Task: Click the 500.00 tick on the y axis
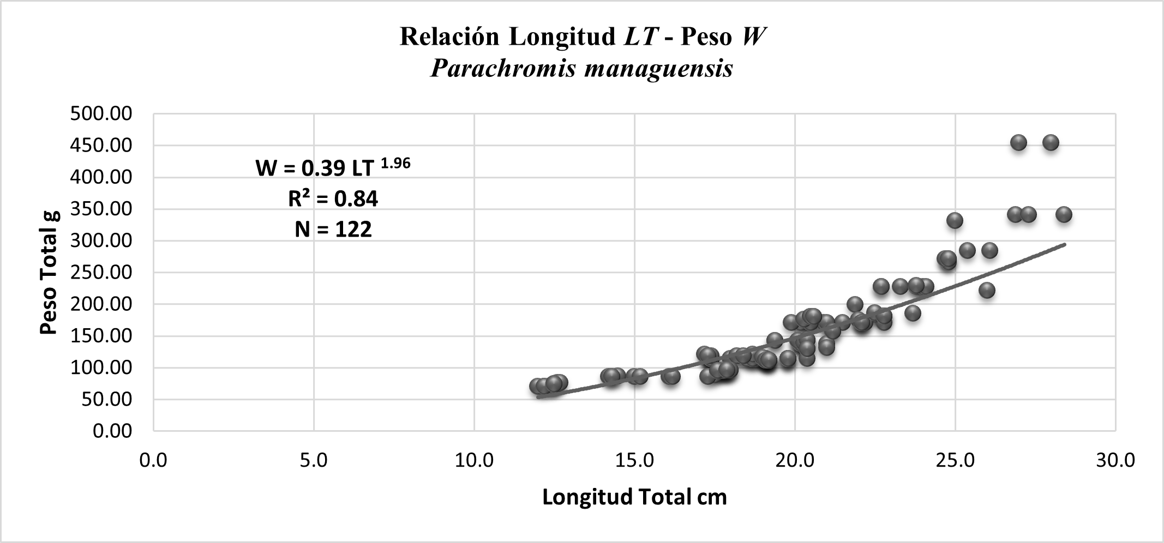(101, 114)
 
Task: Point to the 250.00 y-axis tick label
(101, 272)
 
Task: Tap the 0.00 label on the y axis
(112, 431)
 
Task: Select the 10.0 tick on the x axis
(474, 460)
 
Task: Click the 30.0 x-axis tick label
(1115, 460)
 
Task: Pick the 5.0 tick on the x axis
(314, 460)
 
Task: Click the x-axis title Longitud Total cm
(634, 497)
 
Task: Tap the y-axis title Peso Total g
(49, 273)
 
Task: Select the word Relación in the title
(449, 37)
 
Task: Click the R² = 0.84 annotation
(333, 199)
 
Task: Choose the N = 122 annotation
(333, 230)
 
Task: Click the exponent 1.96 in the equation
(394, 163)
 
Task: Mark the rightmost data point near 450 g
(1051, 143)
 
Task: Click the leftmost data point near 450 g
(1018, 143)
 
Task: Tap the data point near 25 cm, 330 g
(955, 221)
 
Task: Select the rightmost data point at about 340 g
(1064, 214)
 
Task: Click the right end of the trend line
(1064, 244)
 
